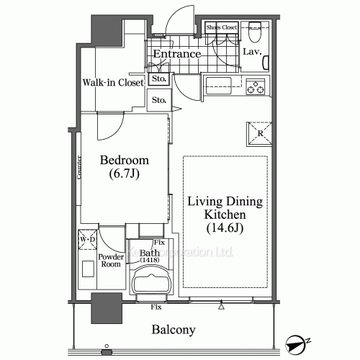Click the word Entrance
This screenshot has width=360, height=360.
click(176, 54)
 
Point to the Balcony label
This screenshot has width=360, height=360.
click(173, 330)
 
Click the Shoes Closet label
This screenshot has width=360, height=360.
click(221, 27)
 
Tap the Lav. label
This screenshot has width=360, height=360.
click(251, 52)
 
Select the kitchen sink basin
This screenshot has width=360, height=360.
click(217, 88)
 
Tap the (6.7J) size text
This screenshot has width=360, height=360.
click(124, 174)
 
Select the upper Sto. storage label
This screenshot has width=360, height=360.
click(158, 78)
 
